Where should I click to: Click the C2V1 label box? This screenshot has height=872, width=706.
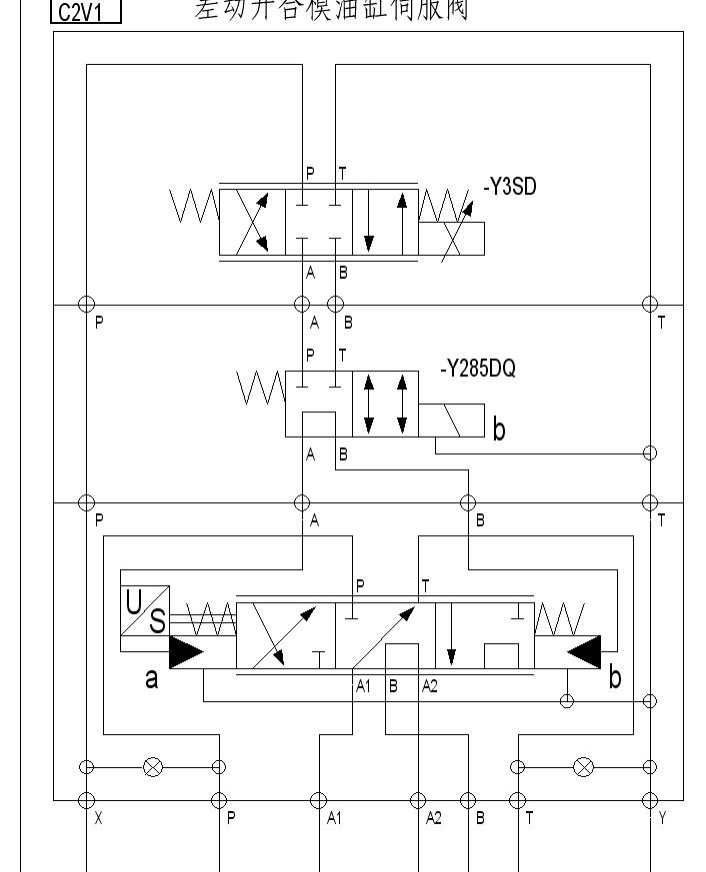85,12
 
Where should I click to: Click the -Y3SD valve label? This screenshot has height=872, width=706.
510,186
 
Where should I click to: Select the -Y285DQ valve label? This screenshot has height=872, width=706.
478,370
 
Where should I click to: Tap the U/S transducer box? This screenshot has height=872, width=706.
145,611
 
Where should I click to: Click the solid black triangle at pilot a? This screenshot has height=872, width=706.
187,652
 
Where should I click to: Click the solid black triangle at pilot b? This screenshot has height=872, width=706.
583,652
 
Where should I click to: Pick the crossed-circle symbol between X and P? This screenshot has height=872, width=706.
153,767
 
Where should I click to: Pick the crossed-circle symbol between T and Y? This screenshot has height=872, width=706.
583,767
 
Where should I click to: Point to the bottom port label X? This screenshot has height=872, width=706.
98,818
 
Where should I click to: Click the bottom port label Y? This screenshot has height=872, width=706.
662,818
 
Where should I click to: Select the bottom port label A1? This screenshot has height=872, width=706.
335,819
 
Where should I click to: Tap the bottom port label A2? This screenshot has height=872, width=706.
434,819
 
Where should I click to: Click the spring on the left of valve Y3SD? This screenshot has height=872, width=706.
195,206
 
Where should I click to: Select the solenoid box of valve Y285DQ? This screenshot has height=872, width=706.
452,421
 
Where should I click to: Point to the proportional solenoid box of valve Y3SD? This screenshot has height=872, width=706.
452,239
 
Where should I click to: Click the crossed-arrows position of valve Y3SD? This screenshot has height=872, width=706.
252,221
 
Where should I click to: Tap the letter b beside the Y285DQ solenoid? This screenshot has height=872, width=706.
499,431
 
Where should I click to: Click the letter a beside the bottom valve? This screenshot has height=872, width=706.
151,679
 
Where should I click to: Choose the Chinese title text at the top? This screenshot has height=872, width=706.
331,10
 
